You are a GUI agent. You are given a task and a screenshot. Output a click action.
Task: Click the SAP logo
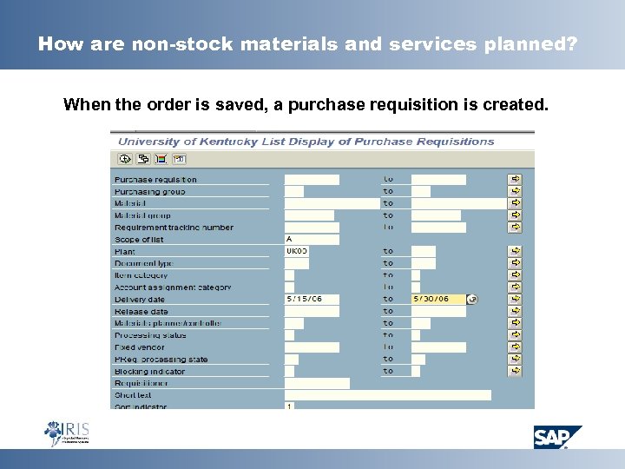coord(557,436)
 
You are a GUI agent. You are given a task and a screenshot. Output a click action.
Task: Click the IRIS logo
coord(67,433)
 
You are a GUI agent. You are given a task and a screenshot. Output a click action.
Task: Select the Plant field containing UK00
coord(299,251)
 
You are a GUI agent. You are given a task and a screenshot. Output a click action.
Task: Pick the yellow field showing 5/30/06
coord(438,299)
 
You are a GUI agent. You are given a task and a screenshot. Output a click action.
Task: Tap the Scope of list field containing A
coord(312,239)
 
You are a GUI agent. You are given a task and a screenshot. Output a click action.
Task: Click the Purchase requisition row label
coord(156,180)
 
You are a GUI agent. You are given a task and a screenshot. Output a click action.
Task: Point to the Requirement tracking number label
coord(174,228)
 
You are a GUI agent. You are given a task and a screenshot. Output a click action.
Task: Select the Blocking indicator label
coord(150,371)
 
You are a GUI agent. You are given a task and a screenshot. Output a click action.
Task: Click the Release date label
coord(141,311)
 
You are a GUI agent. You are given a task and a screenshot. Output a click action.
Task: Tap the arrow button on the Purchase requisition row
coord(516,180)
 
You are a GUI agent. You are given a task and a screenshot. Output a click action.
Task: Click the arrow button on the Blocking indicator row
coord(516,371)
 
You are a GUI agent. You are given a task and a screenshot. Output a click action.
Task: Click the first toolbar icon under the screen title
coord(124,159)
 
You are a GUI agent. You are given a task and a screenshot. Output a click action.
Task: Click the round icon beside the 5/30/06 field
coord(472,299)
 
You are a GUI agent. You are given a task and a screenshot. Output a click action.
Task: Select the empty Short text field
coord(387,394)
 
